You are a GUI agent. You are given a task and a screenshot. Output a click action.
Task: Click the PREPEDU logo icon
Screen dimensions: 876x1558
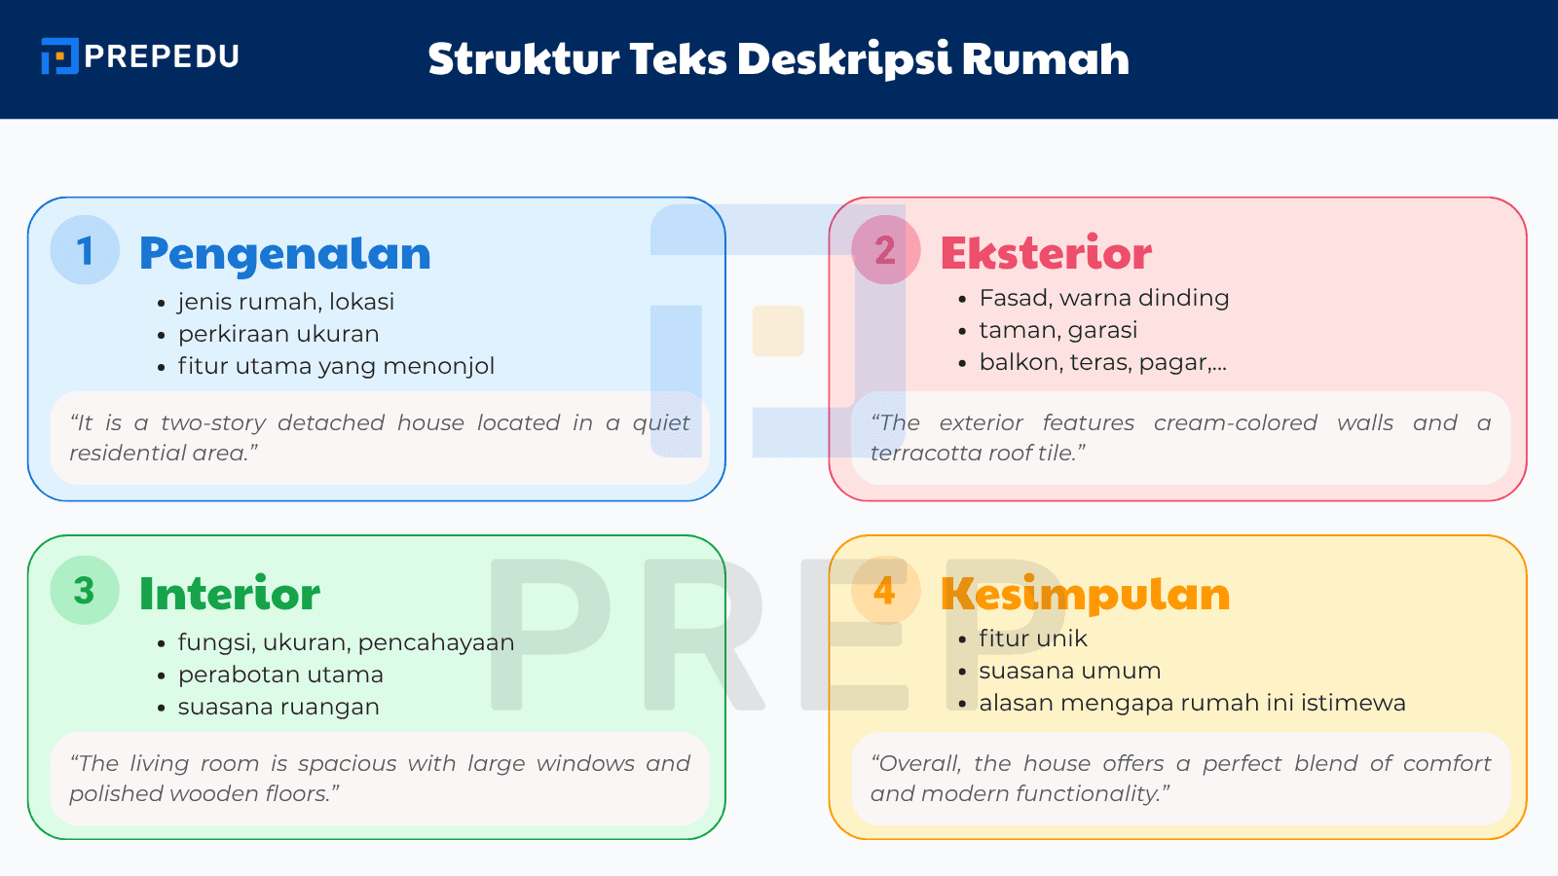[x=59, y=56]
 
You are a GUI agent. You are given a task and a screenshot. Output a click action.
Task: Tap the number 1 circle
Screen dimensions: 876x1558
[x=85, y=250]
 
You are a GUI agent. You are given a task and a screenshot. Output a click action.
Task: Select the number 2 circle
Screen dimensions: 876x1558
[x=885, y=250]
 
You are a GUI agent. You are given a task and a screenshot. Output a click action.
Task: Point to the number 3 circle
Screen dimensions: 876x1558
[x=85, y=590]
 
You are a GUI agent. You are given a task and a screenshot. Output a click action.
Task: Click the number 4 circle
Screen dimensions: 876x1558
[x=885, y=590]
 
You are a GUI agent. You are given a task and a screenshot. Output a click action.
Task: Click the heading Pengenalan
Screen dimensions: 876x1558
[x=284, y=254]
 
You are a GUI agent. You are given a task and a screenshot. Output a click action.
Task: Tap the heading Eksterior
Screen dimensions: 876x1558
[x=1046, y=254]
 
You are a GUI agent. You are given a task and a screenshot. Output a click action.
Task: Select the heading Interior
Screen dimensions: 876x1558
[x=230, y=594]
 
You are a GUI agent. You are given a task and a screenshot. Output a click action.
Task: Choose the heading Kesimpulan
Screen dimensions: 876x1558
[x=1085, y=594]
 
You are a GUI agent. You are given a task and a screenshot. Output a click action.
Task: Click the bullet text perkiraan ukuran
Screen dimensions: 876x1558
[x=278, y=334]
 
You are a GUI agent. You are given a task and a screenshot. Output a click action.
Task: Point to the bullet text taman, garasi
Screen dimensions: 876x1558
[x=1057, y=330]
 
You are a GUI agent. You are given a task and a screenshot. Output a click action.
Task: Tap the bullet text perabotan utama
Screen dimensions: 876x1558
[x=280, y=675]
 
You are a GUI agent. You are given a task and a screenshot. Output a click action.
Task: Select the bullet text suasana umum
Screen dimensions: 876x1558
[x=1069, y=671]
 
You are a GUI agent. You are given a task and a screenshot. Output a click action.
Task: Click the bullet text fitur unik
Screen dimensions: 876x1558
[x=1032, y=639]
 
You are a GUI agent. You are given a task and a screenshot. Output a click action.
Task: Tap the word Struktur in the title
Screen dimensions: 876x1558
[x=524, y=59]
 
